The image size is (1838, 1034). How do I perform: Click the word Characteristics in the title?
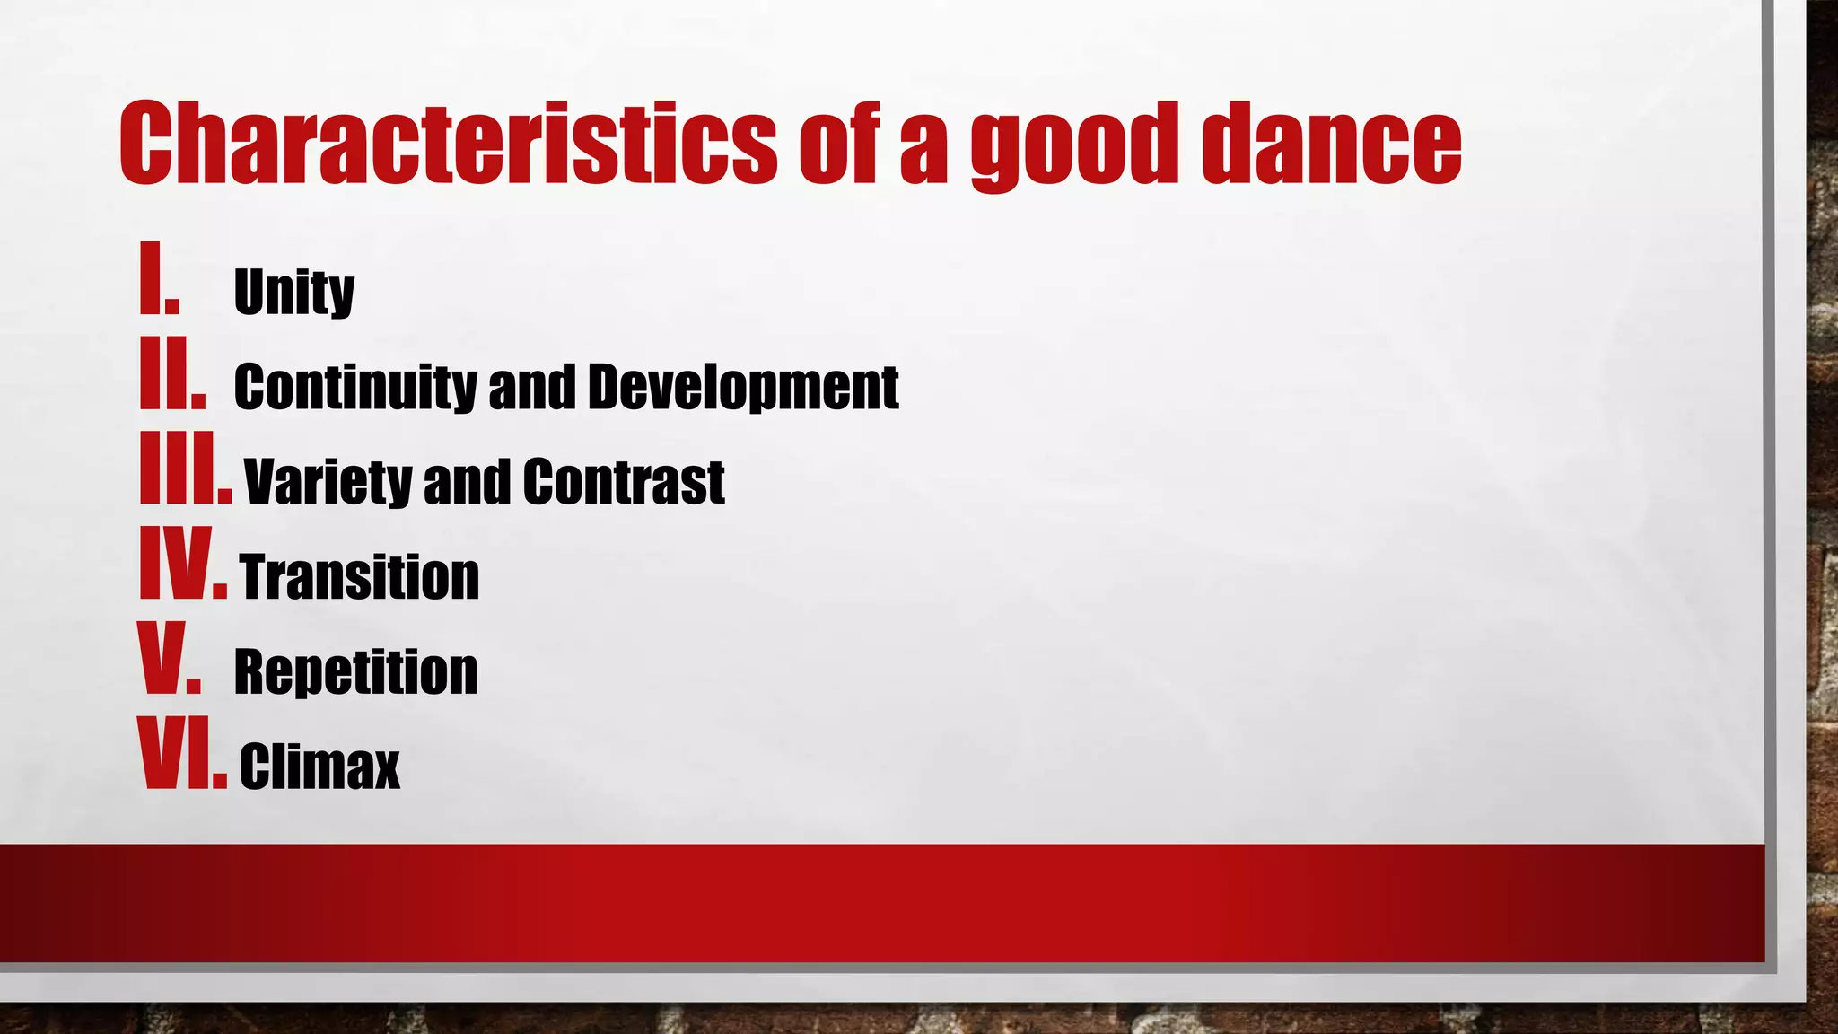[x=448, y=144]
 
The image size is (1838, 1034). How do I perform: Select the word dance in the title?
[x=1332, y=144]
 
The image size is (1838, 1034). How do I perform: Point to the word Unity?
[x=294, y=292]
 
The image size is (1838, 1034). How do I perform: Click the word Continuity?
[x=355, y=387]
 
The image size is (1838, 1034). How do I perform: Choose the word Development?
[x=743, y=387]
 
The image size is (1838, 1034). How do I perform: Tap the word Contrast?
[x=624, y=482]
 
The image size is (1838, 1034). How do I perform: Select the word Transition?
[x=360, y=576]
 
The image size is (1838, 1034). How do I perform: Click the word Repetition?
[x=355, y=671]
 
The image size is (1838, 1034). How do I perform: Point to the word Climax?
[x=319, y=767]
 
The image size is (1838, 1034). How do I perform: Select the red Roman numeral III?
[x=185, y=468]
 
